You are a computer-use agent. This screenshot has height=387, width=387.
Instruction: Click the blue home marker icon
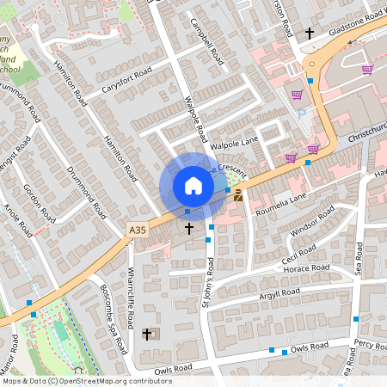coord(193,185)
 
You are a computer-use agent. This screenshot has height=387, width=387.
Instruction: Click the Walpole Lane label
coord(234,137)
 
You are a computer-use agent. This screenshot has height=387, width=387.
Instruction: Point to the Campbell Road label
coord(206,42)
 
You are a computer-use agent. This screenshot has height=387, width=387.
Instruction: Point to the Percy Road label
coord(371,344)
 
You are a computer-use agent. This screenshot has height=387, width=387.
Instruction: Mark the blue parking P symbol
coord(300,113)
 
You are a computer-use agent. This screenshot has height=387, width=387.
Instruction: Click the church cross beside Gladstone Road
coord(310,33)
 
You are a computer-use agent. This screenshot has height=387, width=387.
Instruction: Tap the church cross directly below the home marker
coord(189,229)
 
